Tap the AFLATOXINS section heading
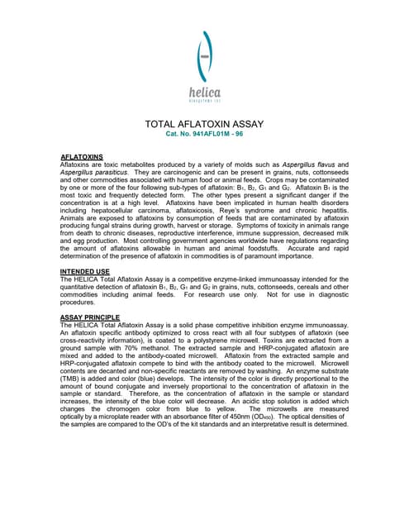point(82,156)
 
